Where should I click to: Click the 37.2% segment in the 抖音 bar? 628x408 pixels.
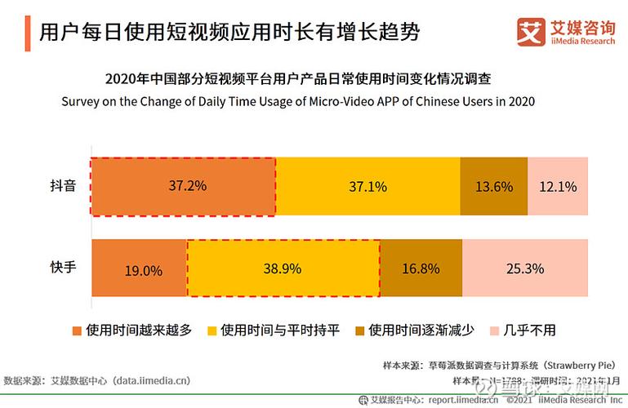(183, 186)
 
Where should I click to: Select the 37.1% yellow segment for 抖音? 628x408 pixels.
(367, 186)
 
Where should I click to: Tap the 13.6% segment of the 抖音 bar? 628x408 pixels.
(493, 186)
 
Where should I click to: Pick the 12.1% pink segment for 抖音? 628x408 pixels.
(558, 186)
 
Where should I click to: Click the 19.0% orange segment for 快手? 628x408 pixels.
(140, 268)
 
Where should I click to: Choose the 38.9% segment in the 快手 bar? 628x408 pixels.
(283, 268)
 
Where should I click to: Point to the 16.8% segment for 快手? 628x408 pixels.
(421, 268)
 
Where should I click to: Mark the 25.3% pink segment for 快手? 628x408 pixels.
(525, 268)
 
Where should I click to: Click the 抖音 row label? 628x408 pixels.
(63, 186)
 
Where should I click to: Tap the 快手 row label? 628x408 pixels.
(63, 267)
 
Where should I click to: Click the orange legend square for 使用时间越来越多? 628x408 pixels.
(78, 330)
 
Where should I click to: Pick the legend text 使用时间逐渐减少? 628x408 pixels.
(419, 330)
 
